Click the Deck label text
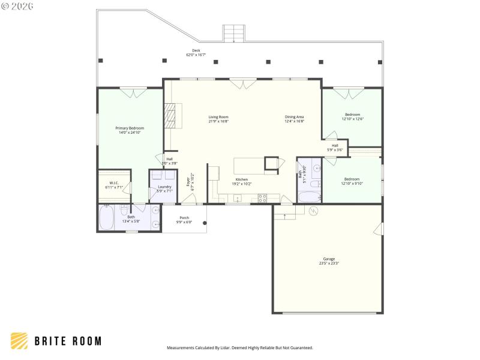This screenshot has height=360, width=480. (196, 50)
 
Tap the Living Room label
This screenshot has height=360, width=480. (218, 117)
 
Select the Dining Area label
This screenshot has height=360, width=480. (294, 117)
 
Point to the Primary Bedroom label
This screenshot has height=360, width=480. (130, 128)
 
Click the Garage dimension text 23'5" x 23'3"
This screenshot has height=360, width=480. (328, 263)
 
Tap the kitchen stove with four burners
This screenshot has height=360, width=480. (262, 197)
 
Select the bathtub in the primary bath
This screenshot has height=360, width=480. (106, 218)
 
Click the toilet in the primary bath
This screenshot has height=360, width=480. (124, 209)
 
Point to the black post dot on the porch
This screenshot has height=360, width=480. (205, 223)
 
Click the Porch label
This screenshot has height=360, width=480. (184, 218)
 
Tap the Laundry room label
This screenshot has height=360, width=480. (164, 187)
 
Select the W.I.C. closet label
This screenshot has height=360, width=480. (114, 182)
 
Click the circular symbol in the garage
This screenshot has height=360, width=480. (312, 211)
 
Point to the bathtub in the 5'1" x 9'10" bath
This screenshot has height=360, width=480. (310, 196)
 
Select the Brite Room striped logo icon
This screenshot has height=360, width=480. (19, 341)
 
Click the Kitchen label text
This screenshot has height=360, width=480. (241, 179)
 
